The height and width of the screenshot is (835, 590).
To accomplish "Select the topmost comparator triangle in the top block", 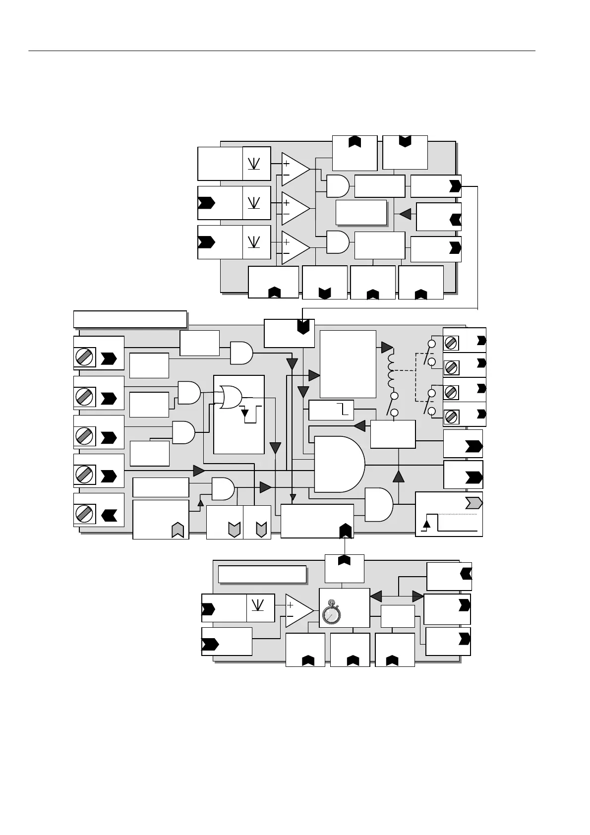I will [x=295, y=169].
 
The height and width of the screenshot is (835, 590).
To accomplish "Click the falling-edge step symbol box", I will [x=331, y=410].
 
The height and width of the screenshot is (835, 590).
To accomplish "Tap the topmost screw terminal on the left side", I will [x=85, y=358].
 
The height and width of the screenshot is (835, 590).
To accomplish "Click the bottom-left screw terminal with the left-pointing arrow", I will [x=85, y=514].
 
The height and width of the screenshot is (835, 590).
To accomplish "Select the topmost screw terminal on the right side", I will [x=451, y=343].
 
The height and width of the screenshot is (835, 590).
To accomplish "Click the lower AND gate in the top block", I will [x=338, y=242].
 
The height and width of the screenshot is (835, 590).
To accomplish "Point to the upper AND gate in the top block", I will [x=338, y=186].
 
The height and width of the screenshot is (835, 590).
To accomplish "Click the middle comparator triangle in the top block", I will [x=295, y=208].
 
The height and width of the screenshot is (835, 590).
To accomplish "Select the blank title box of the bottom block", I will [x=262, y=574].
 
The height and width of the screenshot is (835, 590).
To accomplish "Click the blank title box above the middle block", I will [x=130, y=319].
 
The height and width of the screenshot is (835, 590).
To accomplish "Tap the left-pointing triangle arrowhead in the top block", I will [x=406, y=214].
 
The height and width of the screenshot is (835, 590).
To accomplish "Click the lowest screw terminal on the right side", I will [x=451, y=417].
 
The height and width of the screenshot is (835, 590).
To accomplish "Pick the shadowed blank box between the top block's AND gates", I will [x=361, y=212].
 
